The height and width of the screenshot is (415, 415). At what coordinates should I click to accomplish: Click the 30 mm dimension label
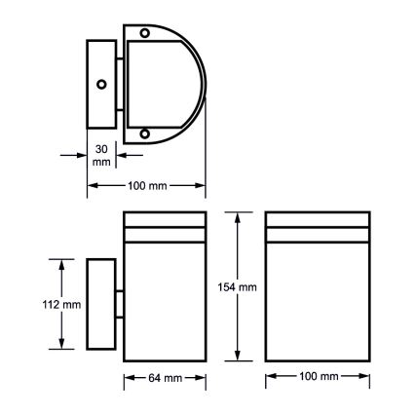pyautogui.click(x=101, y=155)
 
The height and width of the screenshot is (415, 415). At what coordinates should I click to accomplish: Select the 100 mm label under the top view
pyautogui.click(x=146, y=185)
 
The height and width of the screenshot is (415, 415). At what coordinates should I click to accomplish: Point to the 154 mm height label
pyautogui.click(x=237, y=287)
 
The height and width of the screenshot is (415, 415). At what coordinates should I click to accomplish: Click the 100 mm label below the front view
pyautogui.click(x=317, y=376)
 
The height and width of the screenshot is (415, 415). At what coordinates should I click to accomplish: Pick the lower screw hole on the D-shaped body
pyautogui.click(x=144, y=133)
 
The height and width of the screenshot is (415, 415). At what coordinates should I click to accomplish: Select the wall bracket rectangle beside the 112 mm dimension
pyautogui.click(x=101, y=304)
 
